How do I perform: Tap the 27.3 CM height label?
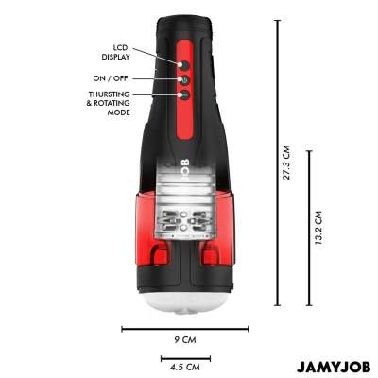coord(286,163)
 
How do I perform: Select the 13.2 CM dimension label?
coord(318,228)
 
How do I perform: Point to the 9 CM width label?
coord(185,340)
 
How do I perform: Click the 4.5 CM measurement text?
coord(185,367)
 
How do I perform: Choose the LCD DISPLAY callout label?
coord(115,52)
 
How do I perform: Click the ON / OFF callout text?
coord(111,78)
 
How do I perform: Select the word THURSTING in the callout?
coord(110,94)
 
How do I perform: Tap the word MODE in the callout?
coord(119,112)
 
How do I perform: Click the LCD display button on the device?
coord(185,65)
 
